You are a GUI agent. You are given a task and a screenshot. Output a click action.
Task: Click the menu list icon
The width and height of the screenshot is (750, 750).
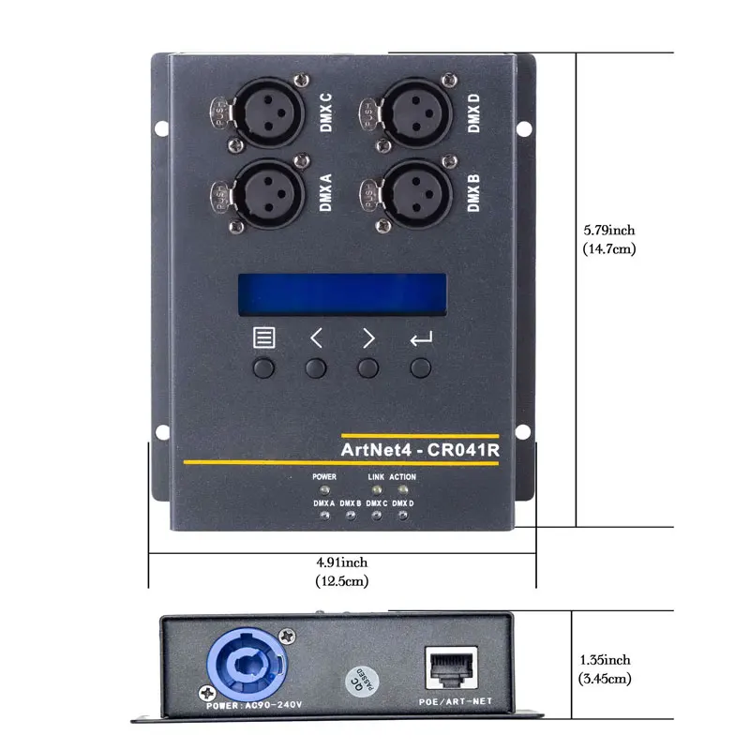pos(264,337)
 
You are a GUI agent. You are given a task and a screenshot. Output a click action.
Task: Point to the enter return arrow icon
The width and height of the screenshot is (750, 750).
pos(421,338)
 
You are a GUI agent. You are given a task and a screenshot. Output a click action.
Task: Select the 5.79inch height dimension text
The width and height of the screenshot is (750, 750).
pos(609,239)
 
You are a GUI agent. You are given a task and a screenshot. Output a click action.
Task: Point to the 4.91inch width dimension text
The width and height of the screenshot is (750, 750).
pos(341,572)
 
